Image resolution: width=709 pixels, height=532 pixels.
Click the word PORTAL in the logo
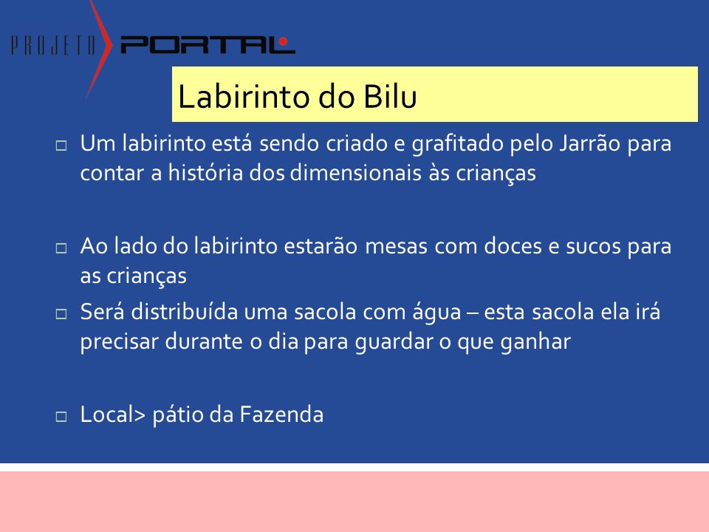(x=208, y=45)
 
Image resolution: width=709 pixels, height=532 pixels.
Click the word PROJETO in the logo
(x=53, y=45)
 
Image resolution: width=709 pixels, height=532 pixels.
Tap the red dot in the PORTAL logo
(x=284, y=41)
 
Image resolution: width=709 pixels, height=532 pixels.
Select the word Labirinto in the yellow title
(x=244, y=96)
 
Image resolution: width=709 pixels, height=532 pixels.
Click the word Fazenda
(x=281, y=415)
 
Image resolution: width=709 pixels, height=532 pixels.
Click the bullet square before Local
(x=61, y=416)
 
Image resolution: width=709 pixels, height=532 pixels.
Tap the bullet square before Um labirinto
(x=61, y=146)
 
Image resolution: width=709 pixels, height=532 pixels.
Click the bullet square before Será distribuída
(x=61, y=313)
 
